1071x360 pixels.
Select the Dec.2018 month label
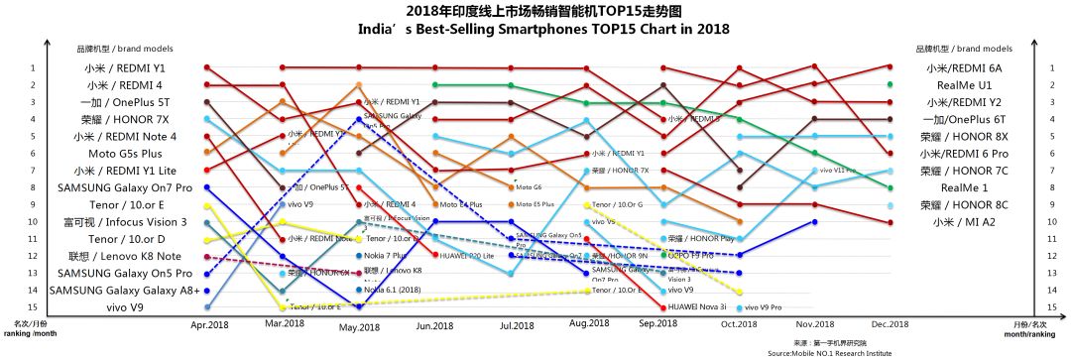pos(891,324)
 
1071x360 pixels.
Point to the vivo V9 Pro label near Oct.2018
pos(763,308)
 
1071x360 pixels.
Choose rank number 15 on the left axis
pos(32,307)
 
